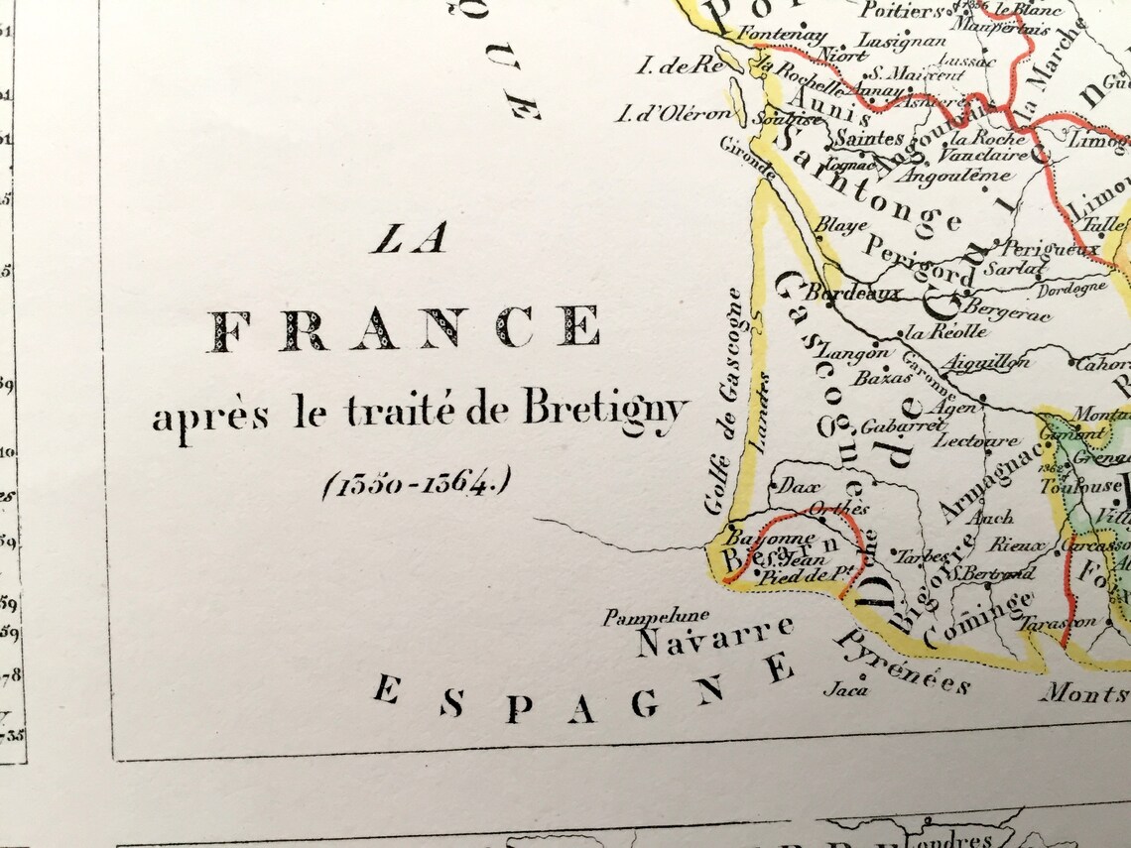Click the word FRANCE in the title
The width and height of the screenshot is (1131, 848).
tap(404, 328)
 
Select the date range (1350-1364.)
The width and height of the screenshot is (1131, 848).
tap(416, 484)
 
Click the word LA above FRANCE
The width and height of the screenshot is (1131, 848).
tap(409, 239)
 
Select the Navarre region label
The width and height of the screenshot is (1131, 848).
tap(714, 638)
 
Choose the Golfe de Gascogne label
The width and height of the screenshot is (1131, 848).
tap(721, 402)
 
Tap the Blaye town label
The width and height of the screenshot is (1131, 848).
tap(833, 225)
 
